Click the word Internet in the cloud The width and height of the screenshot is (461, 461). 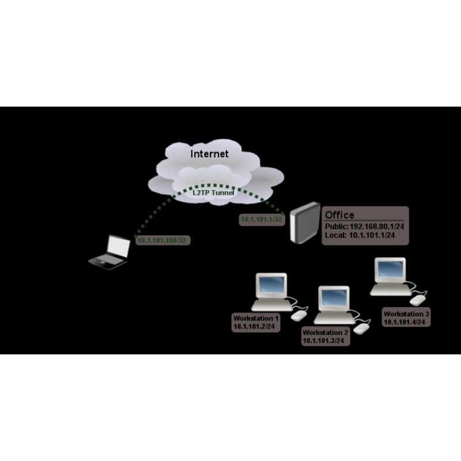pyautogui.click(x=210, y=154)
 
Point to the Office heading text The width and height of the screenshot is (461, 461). pyautogui.click(x=340, y=215)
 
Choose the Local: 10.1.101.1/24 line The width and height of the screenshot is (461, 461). pyautogui.click(x=360, y=235)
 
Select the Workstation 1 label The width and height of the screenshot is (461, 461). pyautogui.click(x=256, y=318)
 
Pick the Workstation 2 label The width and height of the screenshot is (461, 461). pyautogui.click(x=326, y=332)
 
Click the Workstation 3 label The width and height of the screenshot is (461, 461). pyautogui.click(x=406, y=314)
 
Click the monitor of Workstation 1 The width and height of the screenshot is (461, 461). pyautogui.click(x=271, y=285)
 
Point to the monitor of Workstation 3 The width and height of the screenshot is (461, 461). pyautogui.click(x=390, y=270)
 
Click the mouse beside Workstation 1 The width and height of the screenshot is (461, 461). pyautogui.click(x=298, y=316)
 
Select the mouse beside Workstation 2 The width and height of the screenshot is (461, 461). pyautogui.click(x=361, y=328)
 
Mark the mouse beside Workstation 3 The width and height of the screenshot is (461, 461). pyautogui.click(x=417, y=300)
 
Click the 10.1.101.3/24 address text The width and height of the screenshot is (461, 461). pyautogui.click(x=323, y=341)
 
